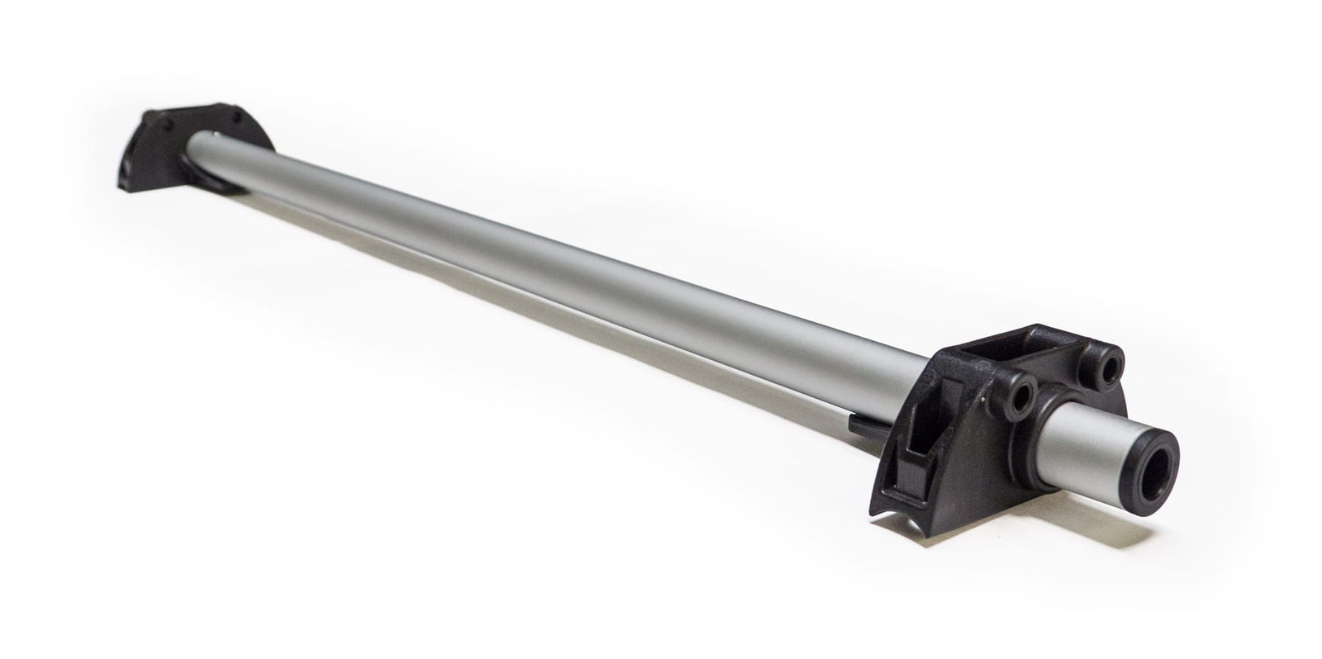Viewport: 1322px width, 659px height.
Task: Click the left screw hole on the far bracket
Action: pos(169,125)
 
